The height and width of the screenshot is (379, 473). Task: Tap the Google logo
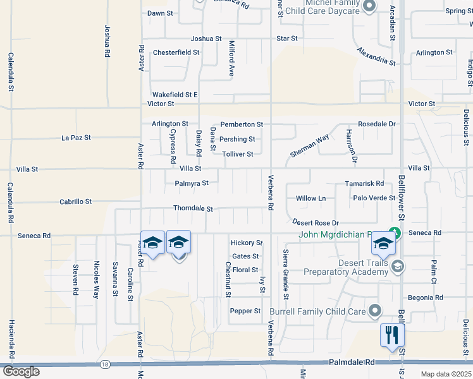[x=20, y=371]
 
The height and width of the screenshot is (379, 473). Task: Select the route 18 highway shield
[x=105, y=364]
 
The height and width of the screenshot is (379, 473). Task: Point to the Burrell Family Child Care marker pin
[x=375, y=310]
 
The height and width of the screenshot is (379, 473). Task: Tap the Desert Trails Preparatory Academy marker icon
[x=397, y=265]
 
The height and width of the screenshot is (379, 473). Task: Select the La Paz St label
[x=76, y=137]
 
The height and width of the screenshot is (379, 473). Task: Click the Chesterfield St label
[x=176, y=52]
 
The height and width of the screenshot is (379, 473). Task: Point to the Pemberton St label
[x=241, y=125]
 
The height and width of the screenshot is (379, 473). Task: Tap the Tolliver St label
[x=237, y=154]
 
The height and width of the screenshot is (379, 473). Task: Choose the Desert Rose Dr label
[x=316, y=222]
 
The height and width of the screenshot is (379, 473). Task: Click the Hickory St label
[x=247, y=243]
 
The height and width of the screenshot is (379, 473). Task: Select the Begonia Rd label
[x=425, y=297]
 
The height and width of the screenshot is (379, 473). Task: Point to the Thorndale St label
[x=193, y=208]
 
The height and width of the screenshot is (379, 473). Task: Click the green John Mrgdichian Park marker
[x=395, y=232]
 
